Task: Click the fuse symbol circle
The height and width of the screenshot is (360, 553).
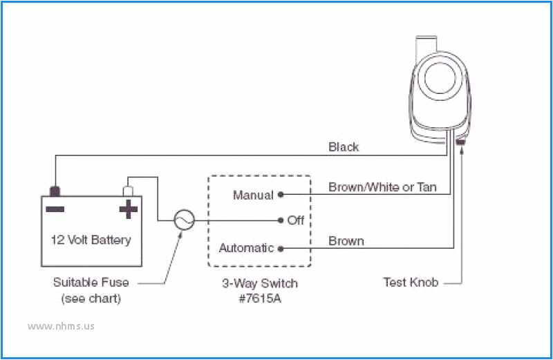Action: [184, 220]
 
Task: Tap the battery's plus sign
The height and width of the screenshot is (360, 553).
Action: [129, 209]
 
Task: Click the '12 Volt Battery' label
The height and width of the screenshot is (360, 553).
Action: [91, 240]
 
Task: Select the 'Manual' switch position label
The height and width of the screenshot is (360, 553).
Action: [253, 196]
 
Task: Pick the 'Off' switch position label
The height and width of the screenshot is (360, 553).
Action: [296, 220]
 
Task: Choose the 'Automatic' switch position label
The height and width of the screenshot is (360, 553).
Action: [246, 247]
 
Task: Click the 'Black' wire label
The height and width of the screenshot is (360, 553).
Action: [344, 147]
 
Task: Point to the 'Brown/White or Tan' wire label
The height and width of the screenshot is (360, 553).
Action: [382, 187]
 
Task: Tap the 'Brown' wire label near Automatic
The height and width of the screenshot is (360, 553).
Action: [346, 241]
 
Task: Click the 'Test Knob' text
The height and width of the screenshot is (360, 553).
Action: [411, 282]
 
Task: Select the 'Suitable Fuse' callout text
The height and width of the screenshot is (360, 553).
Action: [91, 282]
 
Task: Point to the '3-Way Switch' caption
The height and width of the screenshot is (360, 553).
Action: [260, 283]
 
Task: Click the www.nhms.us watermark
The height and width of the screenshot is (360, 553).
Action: [60, 325]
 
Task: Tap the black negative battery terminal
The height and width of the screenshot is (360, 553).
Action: [54, 191]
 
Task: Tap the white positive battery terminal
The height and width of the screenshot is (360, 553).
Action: [128, 190]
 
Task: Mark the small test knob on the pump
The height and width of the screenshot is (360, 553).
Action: [461, 142]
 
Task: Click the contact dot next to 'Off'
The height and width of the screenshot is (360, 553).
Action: [281, 220]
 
